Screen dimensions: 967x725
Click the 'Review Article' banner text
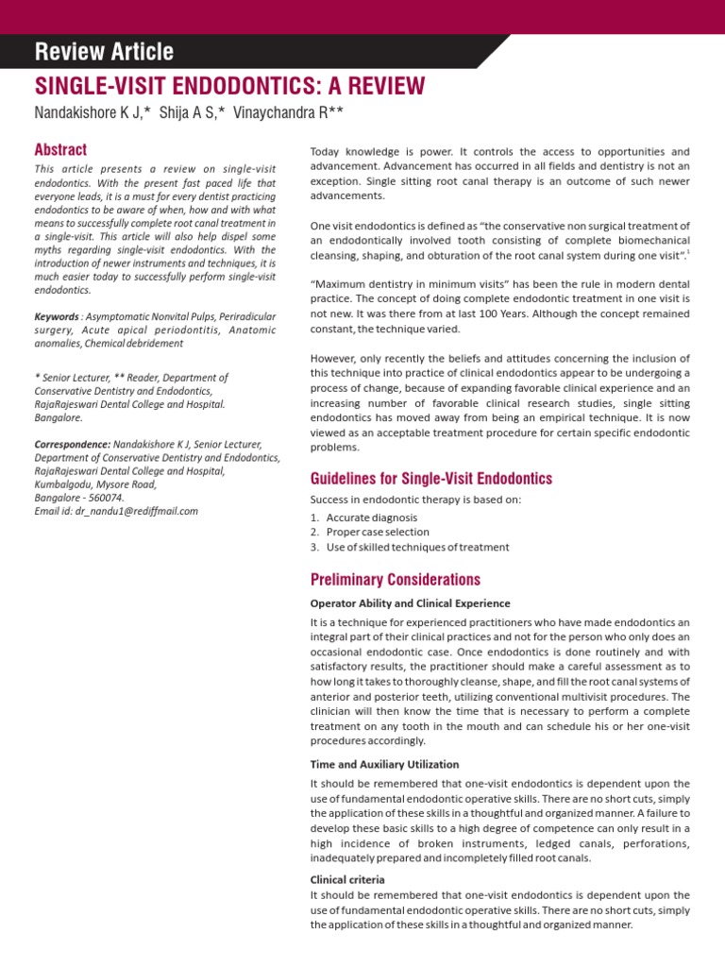tap(104, 51)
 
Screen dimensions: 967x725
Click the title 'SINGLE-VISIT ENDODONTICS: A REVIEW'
tap(229, 87)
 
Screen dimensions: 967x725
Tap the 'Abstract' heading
tap(60, 149)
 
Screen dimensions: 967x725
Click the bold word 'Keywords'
tap(56, 315)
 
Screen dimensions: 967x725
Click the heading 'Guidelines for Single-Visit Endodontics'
tap(431, 479)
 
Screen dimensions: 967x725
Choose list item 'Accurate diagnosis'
tap(371, 517)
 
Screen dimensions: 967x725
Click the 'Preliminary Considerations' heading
tap(395, 580)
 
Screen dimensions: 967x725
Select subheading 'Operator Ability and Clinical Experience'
tap(410, 603)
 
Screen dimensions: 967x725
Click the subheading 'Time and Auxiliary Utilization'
tap(384, 764)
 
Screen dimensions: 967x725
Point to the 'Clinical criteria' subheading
tap(347, 879)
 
